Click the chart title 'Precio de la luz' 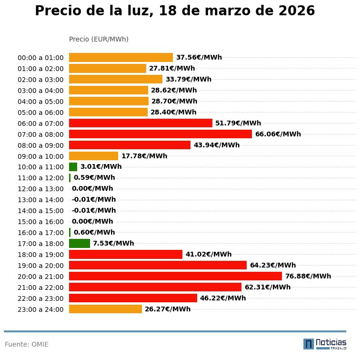click(x=175, y=11)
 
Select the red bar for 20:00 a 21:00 click(x=175, y=276)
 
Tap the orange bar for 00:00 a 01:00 click(x=121, y=57)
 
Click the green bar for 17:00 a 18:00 click(x=80, y=243)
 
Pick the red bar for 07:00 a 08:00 click(x=160, y=134)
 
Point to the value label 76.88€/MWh click(x=308, y=276)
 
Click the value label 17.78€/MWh click(x=144, y=156)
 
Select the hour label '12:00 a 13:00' click(x=40, y=189)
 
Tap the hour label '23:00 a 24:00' click(x=40, y=309)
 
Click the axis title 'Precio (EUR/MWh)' click(x=99, y=39)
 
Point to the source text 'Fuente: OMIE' click(x=27, y=344)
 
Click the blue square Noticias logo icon click(x=309, y=344)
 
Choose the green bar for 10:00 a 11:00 click(x=73, y=167)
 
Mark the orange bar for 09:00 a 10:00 click(x=93, y=156)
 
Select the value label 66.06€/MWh click(x=278, y=134)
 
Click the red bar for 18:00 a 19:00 click(x=126, y=254)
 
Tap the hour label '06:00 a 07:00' click(x=40, y=123)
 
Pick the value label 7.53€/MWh click(x=113, y=243)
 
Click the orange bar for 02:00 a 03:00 click(x=116, y=79)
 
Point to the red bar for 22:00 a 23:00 click(x=133, y=298)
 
